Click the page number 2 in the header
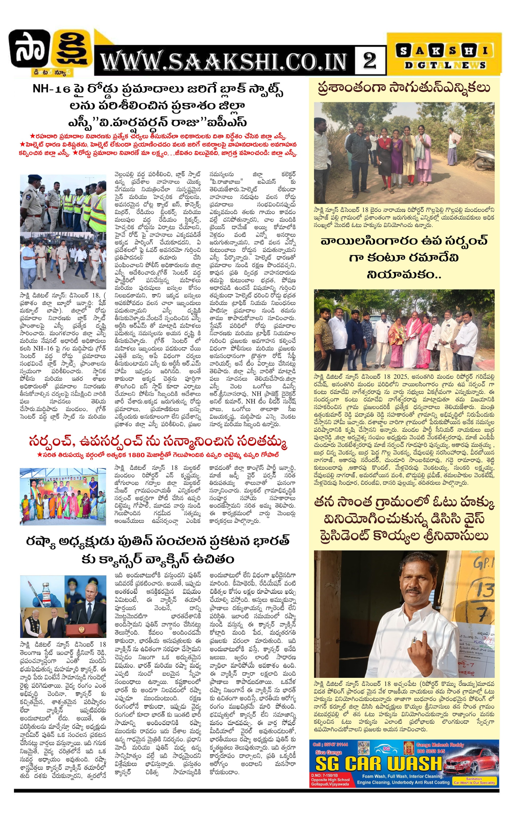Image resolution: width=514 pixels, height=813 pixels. [370, 61]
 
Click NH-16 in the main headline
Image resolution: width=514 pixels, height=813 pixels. [52, 89]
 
